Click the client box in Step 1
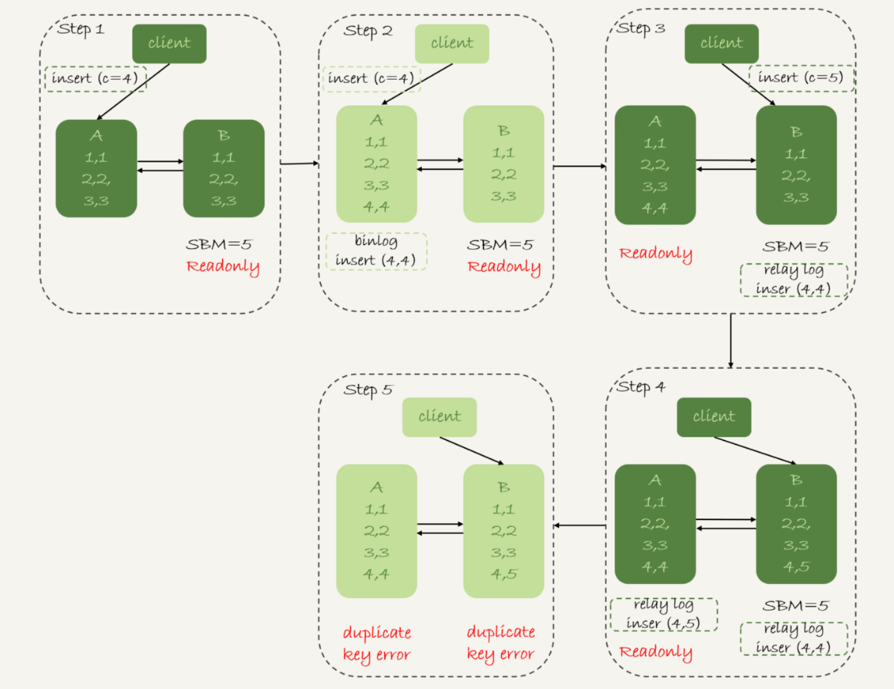tap(169, 44)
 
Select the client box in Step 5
tap(439, 417)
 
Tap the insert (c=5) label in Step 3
tap(801, 78)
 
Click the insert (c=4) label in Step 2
tap(372, 78)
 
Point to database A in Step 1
tap(96, 168)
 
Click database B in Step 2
tap(503, 164)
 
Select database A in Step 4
tap(655, 524)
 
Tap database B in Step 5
tap(503, 531)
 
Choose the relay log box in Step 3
tap(794, 280)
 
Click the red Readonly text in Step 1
tap(222, 266)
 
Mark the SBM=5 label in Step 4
tap(794, 605)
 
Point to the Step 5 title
tap(367, 390)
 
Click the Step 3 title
tap(640, 28)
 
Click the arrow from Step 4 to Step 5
tap(579, 525)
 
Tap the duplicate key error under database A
tap(377, 643)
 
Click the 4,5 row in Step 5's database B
tap(503, 574)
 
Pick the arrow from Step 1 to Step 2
tap(299, 164)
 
